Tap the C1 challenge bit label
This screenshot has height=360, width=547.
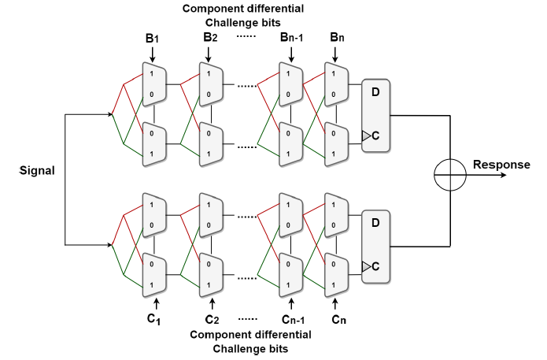click(154, 319)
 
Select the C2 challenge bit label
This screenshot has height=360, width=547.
click(211, 319)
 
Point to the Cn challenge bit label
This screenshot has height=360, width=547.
click(338, 319)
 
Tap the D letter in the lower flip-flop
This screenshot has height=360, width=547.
click(375, 223)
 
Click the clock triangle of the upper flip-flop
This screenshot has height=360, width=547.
click(367, 136)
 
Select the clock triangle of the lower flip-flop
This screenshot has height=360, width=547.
click(367, 266)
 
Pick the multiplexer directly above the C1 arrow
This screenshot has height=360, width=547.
click(153, 273)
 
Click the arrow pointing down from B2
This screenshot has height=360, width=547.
click(209, 53)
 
